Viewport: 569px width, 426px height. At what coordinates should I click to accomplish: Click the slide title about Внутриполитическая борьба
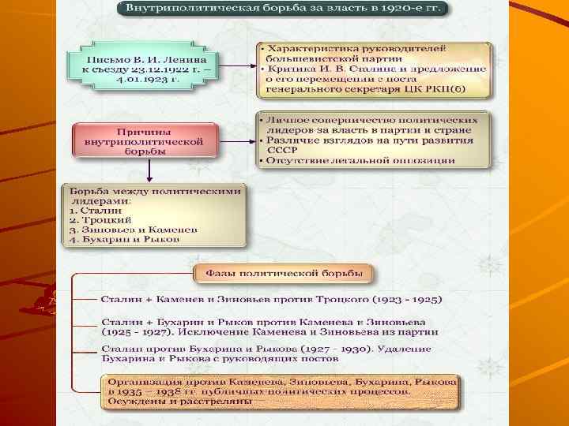(282, 9)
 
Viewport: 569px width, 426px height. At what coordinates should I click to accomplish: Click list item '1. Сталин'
(96, 211)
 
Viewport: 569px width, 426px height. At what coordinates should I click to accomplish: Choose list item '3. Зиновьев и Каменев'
(134, 230)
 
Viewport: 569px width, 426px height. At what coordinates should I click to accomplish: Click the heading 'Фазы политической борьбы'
(284, 274)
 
